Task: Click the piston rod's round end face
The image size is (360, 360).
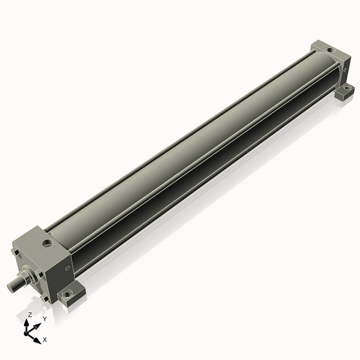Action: click(x=10, y=287)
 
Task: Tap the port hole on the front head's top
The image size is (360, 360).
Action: click(x=47, y=244)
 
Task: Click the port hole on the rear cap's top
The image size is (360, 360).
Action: click(x=331, y=50)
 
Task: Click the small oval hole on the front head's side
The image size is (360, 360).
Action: click(x=67, y=268)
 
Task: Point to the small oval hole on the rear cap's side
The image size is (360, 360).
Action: click(x=344, y=70)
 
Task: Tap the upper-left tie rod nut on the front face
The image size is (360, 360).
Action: click(x=16, y=253)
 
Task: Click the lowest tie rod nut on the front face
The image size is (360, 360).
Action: click(x=44, y=299)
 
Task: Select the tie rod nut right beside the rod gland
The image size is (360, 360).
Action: click(x=39, y=274)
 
